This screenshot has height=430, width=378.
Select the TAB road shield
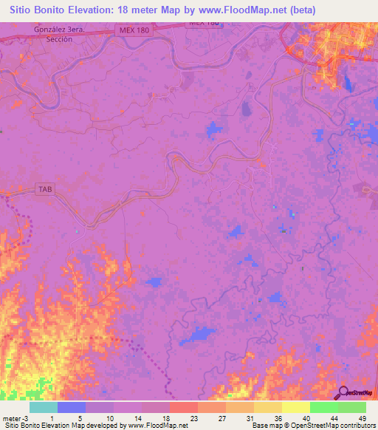[45, 190]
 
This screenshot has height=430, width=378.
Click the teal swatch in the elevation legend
[44, 407]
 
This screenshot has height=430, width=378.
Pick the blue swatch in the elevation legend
[72, 407]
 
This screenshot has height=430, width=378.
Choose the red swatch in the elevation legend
[183, 407]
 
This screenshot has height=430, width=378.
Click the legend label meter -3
[16, 417]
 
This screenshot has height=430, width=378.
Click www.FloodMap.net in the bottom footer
[157, 426]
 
